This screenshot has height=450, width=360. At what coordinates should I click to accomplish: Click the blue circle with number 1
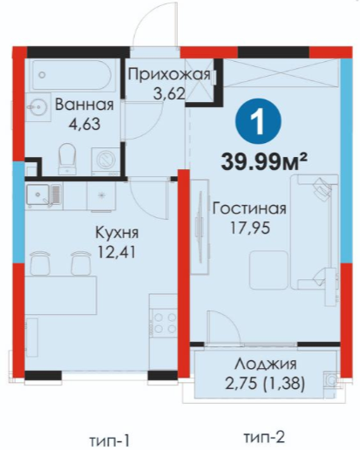click(x=258, y=122)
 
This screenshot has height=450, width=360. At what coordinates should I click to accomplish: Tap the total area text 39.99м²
click(x=264, y=161)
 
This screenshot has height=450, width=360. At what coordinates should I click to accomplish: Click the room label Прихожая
click(x=169, y=75)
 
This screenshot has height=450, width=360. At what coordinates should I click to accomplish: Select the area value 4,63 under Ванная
click(x=85, y=124)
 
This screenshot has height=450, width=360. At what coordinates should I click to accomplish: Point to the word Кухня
click(x=117, y=233)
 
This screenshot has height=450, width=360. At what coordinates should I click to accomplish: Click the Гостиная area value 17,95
click(x=250, y=228)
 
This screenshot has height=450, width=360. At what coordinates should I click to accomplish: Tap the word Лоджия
click(x=266, y=364)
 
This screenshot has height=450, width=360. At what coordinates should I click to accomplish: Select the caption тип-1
click(x=109, y=440)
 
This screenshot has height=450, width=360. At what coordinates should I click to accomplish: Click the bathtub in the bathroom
click(x=71, y=75)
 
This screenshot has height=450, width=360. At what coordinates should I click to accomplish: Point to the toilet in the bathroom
click(x=67, y=159)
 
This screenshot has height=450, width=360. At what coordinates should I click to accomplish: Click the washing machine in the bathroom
click(x=106, y=161)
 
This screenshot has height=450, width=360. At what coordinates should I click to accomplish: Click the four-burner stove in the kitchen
click(x=165, y=323)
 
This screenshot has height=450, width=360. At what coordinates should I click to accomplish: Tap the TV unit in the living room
click(x=200, y=227)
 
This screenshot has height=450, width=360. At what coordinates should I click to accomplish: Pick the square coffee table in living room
click(x=269, y=270)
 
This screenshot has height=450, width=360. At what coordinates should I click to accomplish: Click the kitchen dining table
click(x=60, y=295)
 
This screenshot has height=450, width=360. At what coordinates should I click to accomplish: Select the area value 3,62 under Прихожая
click(x=169, y=93)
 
